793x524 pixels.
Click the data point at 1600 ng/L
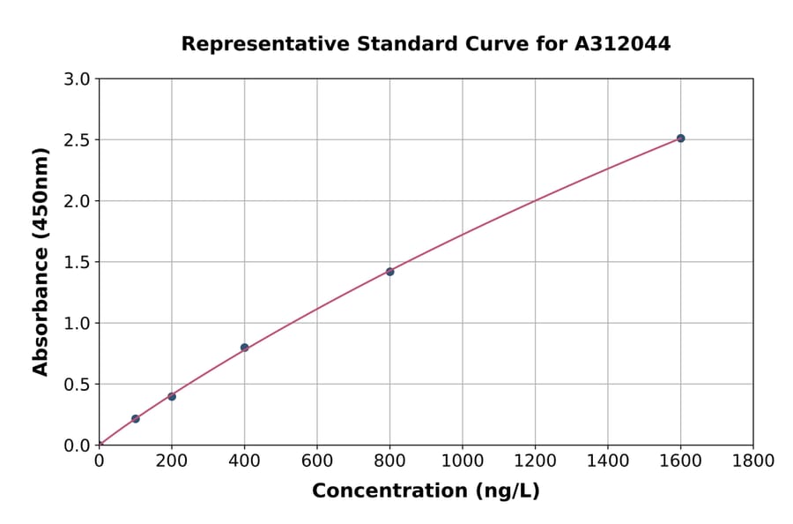click(x=680, y=138)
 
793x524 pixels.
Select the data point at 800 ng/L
click(x=389, y=272)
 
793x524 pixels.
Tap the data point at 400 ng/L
click(x=244, y=348)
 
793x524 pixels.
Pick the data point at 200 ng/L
click(x=172, y=396)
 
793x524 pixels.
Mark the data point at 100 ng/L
click(x=135, y=419)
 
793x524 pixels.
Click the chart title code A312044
click(x=624, y=44)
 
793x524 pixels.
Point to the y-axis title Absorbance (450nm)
click(x=41, y=262)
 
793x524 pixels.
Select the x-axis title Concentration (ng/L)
click(x=426, y=491)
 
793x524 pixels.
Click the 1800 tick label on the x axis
click(x=752, y=460)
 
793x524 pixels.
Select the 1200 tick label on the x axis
click(x=535, y=460)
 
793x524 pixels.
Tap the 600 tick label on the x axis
click(x=317, y=460)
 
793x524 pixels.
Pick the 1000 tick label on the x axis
click(x=462, y=460)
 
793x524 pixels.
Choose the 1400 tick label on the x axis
click(x=607, y=460)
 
